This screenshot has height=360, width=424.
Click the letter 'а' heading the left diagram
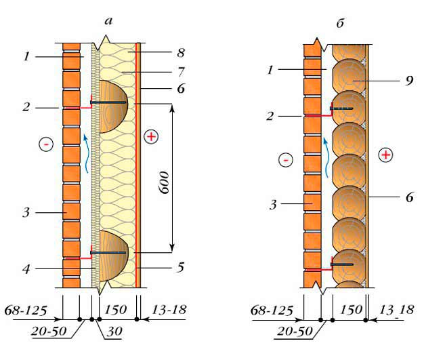tap(108, 21)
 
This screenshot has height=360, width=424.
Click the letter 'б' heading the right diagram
tap(340, 23)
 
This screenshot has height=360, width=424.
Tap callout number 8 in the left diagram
tap(181, 53)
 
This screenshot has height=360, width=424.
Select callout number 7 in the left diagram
tap(181, 72)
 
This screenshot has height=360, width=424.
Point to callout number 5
tap(181, 267)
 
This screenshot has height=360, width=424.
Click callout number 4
tap(26, 269)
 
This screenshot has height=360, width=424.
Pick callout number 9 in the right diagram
tap(409, 81)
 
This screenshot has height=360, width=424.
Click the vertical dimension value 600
tap(165, 182)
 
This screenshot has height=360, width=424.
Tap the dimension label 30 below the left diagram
tap(114, 331)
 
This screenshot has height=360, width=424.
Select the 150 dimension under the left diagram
tap(115, 310)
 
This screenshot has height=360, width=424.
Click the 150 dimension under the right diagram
tap(352, 310)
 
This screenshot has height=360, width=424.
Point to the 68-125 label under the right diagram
tap(272, 311)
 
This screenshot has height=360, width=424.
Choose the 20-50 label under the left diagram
tap(49, 331)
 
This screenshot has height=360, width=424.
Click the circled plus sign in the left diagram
tap(151, 137)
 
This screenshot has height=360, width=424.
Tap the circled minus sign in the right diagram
tap(286, 160)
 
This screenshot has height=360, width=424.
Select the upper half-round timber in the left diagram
tap(114, 106)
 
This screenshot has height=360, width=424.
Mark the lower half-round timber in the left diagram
tap(114, 256)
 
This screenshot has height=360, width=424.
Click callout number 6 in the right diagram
tap(409, 197)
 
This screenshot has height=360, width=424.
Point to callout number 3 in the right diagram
tap(273, 205)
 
